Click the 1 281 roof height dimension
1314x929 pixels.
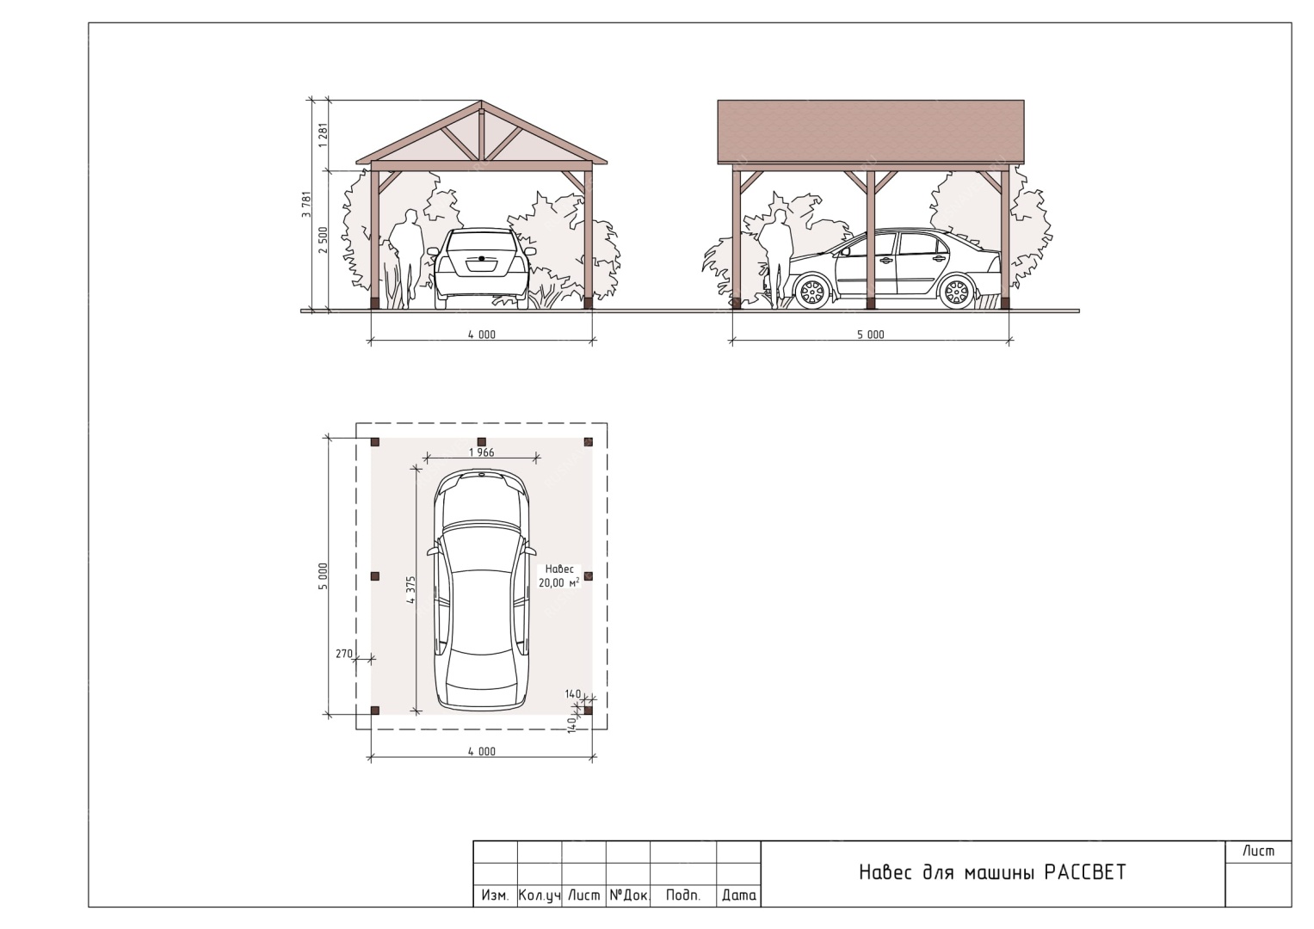323,135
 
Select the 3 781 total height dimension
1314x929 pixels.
306,205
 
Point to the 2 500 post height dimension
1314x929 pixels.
323,240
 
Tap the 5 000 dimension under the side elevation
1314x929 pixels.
871,335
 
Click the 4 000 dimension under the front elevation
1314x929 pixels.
482,335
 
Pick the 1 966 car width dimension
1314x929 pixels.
482,452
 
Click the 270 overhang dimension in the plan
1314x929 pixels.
343,654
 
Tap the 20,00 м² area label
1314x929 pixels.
559,582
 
